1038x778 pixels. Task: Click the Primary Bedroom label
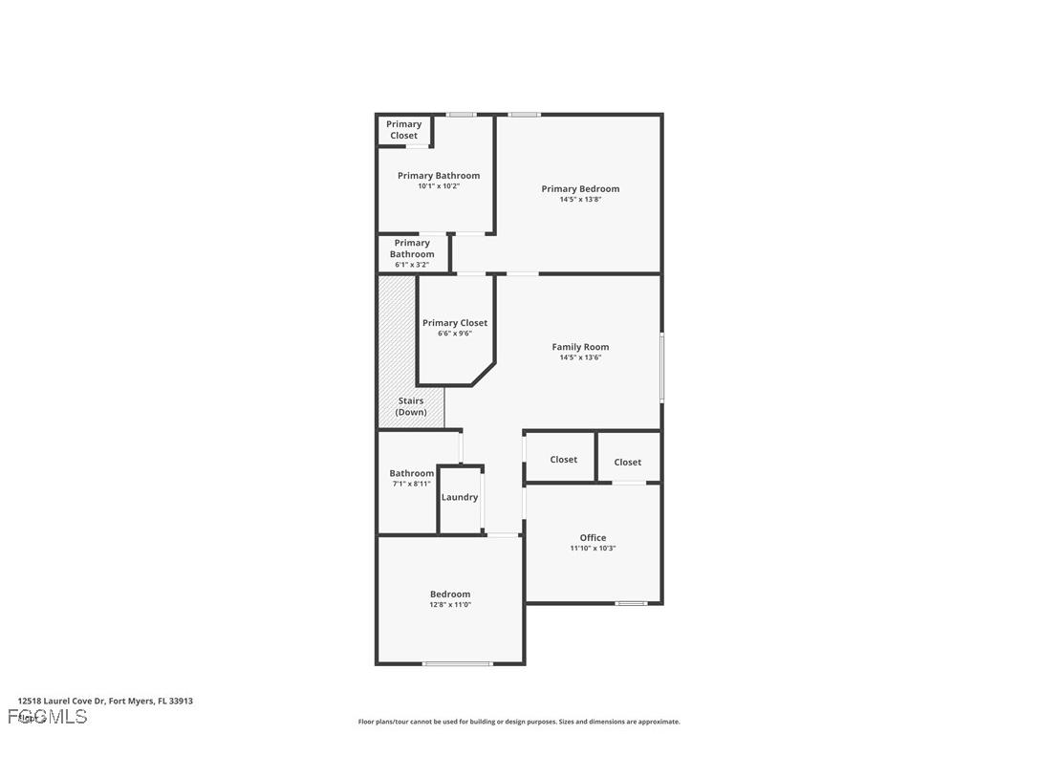[x=580, y=189]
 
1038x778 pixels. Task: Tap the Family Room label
[x=580, y=347]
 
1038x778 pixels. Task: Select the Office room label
[x=593, y=537]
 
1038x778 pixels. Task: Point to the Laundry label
[x=460, y=497]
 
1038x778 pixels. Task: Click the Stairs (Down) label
[x=411, y=406]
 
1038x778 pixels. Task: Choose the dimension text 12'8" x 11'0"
[x=450, y=605]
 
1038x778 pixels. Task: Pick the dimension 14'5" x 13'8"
[x=580, y=200]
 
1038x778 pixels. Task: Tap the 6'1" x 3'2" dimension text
[x=412, y=265]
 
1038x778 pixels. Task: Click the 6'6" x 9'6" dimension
[x=455, y=334]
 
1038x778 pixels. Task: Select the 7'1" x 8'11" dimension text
[x=411, y=484]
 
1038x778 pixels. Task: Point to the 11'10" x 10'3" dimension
[x=593, y=549]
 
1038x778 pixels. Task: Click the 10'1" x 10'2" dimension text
[x=439, y=186]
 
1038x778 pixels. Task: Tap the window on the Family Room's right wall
[x=661, y=367]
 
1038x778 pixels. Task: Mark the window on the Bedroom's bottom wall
[x=458, y=663]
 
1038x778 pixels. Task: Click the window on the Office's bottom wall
[x=631, y=603]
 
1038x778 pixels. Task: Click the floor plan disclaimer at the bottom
[x=519, y=722]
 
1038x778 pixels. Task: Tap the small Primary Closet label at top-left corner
[x=403, y=130]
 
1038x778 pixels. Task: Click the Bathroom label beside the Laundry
[x=411, y=473]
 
